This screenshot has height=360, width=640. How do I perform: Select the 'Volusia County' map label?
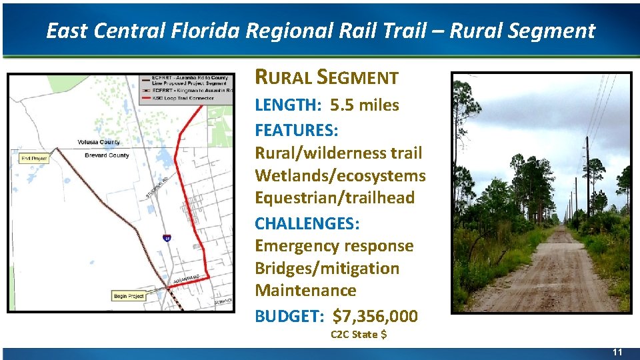point(98,142)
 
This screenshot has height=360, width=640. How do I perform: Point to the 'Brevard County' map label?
point(107,155)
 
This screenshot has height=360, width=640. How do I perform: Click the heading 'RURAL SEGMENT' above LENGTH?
point(326,78)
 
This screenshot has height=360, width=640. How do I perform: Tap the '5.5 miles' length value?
point(365,105)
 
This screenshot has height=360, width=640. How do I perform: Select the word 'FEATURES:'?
point(297,129)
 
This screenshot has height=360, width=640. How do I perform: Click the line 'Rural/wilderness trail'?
point(339,153)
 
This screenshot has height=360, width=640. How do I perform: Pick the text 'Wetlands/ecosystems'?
point(340,175)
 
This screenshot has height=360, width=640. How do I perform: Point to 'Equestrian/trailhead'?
point(335,198)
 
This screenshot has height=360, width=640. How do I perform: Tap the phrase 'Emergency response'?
point(334,245)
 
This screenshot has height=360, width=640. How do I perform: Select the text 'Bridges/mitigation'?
point(327,268)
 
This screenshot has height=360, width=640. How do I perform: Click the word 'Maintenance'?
point(305,291)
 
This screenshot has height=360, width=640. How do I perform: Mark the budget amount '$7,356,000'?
point(375,315)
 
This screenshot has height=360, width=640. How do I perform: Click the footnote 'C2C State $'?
point(359,334)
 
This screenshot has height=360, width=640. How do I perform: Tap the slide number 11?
point(617,352)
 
